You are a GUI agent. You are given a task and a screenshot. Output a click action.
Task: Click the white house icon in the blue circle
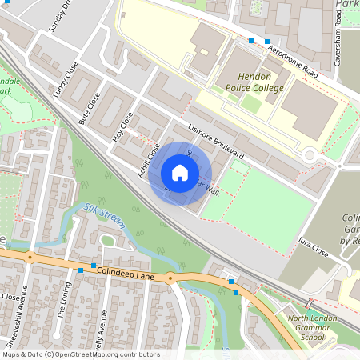coord(180,172)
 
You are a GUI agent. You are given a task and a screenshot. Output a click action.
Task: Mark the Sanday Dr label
coord(60,18)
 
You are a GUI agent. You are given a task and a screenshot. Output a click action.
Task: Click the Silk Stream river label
coord(103,215)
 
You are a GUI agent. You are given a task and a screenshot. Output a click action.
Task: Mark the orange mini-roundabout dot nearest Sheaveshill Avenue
coord(30,258)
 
